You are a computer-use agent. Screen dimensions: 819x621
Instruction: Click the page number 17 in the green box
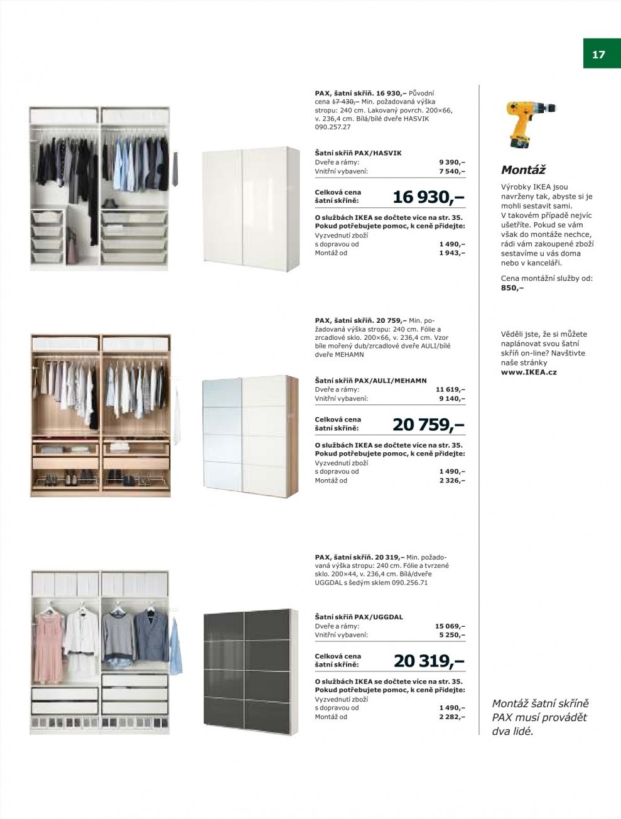(x=598, y=55)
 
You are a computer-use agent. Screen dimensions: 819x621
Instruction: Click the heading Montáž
(x=523, y=170)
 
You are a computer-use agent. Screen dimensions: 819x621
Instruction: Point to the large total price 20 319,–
(x=429, y=661)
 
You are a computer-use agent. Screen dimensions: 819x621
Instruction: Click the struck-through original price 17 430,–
(x=345, y=101)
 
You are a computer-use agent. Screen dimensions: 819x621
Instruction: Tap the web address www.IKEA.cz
(x=529, y=372)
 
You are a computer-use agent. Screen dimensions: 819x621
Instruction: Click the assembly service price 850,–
(x=512, y=288)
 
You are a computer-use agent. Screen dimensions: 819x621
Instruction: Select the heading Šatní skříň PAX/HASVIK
(x=358, y=153)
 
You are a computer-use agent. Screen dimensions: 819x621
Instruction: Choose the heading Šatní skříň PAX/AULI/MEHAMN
(x=370, y=380)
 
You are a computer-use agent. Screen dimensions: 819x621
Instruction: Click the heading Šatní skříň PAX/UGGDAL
(x=359, y=617)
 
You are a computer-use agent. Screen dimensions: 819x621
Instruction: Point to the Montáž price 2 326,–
(x=452, y=480)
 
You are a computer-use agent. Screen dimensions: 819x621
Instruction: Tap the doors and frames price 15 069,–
(x=450, y=626)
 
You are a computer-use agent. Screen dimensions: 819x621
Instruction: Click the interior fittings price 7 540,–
(x=452, y=171)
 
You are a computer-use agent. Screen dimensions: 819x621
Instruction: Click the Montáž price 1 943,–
(x=452, y=253)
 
